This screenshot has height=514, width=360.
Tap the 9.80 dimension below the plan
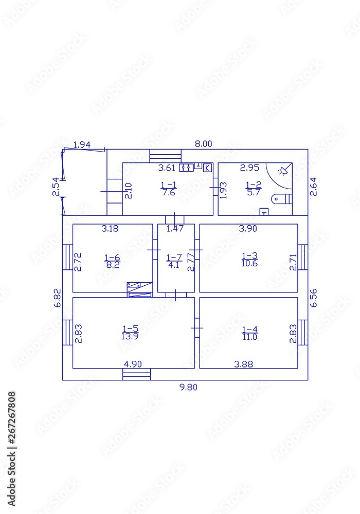pos(188,388)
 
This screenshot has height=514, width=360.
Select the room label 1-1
pos(169,186)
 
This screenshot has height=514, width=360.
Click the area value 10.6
pos(250,264)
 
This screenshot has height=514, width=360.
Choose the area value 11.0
pos(250,337)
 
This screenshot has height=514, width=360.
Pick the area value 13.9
pos(131,337)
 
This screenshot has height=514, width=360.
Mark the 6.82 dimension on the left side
pos(58,298)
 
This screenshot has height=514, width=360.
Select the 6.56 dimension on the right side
pos(313,297)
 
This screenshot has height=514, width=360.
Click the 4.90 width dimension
pos(133,364)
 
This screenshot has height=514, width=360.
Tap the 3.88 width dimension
pos(243,364)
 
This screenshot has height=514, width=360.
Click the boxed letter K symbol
pos(208,168)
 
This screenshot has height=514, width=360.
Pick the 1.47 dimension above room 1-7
pos(175,229)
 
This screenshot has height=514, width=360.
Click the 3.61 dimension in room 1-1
pos(167,168)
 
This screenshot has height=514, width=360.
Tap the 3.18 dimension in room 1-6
pos(110,229)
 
